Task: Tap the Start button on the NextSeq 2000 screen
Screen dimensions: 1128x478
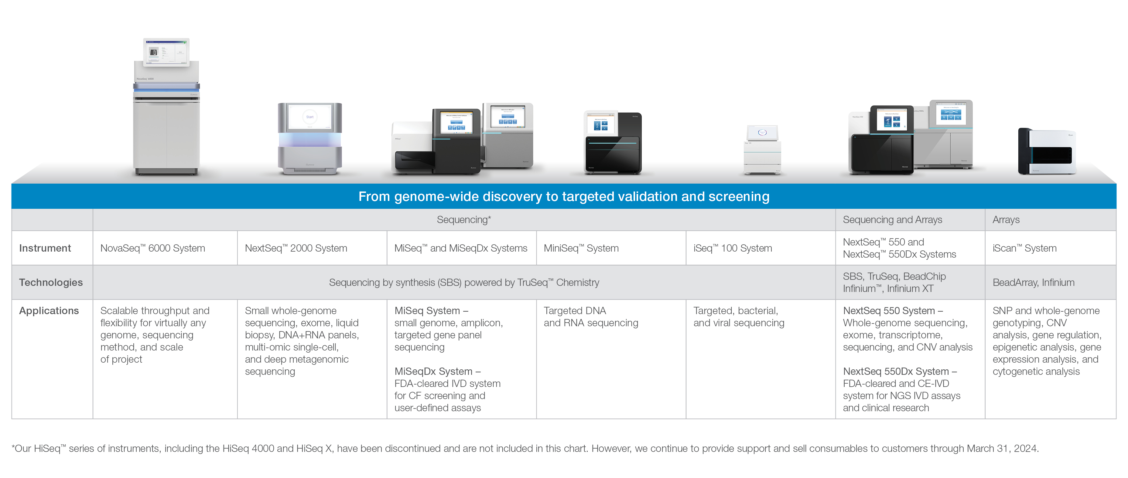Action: click(309, 117)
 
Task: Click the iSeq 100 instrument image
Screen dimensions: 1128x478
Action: click(762, 150)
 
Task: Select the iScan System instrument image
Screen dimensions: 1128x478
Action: click(1047, 151)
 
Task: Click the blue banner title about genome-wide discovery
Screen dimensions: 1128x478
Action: click(564, 197)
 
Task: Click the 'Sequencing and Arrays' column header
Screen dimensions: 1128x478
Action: click(892, 220)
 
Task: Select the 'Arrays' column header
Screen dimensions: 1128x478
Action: click(1006, 220)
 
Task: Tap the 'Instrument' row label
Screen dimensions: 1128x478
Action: click(45, 248)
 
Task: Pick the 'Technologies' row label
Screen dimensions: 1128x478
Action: click(51, 282)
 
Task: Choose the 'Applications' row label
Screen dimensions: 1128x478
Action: click(49, 311)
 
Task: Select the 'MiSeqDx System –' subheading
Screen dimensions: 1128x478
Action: click(437, 371)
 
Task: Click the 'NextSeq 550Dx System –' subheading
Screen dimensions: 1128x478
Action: click(900, 371)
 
